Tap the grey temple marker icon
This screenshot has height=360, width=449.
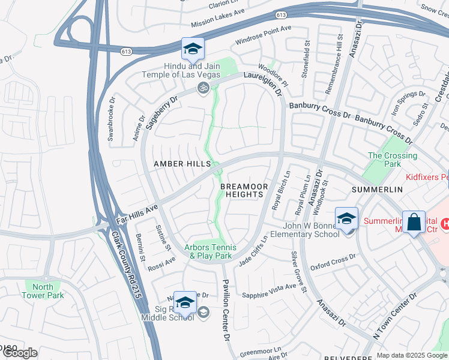pyautogui.click(x=203, y=89)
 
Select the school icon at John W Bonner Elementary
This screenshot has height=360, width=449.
pyautogui.click(x=346, y=219)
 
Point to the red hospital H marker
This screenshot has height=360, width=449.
pyautogui.click(x=444, y=224)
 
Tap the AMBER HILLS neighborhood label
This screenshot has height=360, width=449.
pyautogui.click(x=182, y=164)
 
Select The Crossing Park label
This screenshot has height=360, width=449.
pyautogui.click(x=392, y=160)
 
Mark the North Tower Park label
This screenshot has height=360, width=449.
pyautogui.click(x=43, y=291)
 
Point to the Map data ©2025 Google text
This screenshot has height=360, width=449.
pyautogui.click(x=411, y=355)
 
